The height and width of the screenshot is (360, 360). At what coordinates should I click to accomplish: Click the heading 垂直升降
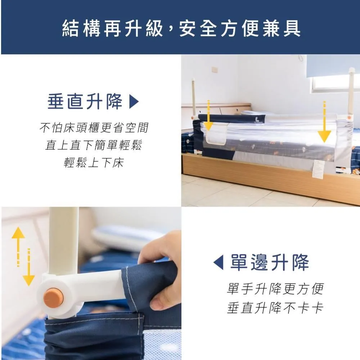(85, 102)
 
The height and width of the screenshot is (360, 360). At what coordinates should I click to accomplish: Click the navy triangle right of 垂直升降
(134, 102)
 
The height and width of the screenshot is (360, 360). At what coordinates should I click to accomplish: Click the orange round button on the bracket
(54, 296)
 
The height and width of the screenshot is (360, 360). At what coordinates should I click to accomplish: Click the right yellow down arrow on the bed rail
(324, 124)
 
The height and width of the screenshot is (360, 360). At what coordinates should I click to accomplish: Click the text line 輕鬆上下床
(94, 163)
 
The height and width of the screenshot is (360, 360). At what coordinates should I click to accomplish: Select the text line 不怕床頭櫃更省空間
(94, 128)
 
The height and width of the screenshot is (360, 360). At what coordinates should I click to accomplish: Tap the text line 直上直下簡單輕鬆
(94, 145)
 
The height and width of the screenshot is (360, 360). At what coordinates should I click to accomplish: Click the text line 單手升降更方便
(275, 289)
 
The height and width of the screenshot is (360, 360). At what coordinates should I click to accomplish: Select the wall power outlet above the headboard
(215, 69)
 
